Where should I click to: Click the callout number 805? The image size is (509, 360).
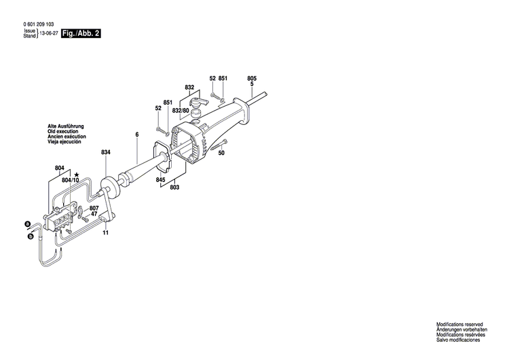[x=252, y=79]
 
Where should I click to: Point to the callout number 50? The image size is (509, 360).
[x=221, y=154]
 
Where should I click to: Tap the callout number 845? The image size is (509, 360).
[x=160, y=180]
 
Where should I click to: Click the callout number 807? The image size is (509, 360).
[x=94, y=208]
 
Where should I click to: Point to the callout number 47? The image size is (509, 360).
[x=94, y=215]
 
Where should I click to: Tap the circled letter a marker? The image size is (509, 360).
[x=27, y=223]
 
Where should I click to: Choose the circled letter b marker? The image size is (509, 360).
[x=30, y=236]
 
